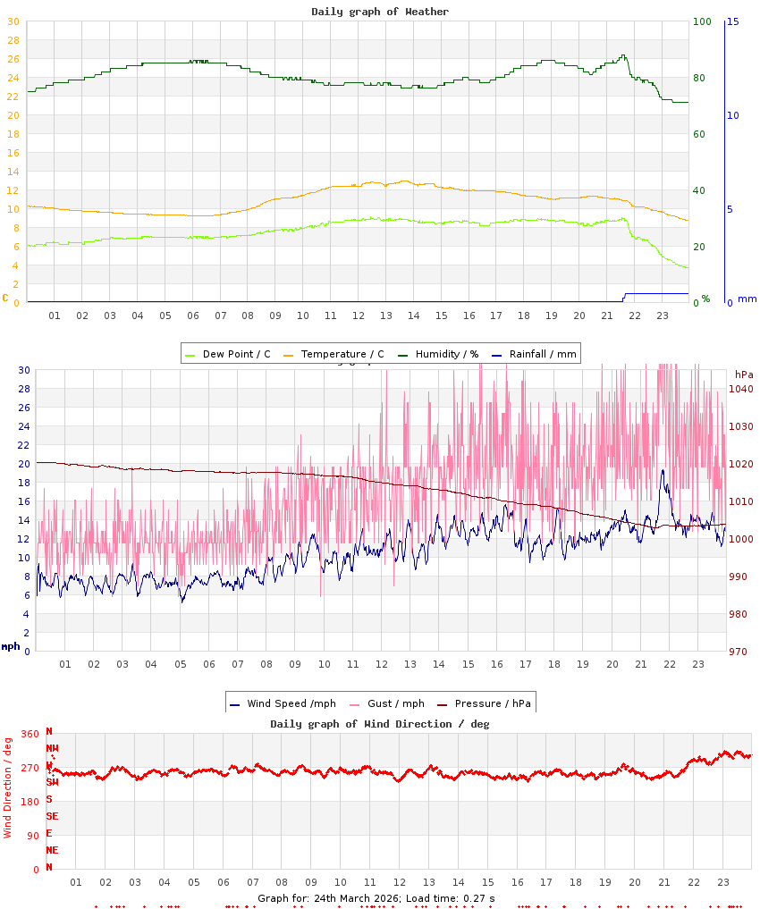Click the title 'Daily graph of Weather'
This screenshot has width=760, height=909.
coord(380,12)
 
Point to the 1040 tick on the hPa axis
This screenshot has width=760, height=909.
coord(741,389)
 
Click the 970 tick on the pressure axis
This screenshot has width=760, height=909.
coord(739,652)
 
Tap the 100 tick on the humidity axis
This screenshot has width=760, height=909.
coord(702,21)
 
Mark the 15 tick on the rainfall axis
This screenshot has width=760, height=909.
coord(732,21)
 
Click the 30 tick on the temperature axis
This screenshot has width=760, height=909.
coord(13,40)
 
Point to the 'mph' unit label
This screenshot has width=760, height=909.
coord(10,646)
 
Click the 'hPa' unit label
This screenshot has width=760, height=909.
coord(744,374)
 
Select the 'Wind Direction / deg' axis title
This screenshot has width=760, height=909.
coord(8,787)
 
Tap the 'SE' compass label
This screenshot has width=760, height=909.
coord(52,816)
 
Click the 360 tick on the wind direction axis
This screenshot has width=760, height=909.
coord(30,734)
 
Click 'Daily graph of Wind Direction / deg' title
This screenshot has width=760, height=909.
coord(380,723)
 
